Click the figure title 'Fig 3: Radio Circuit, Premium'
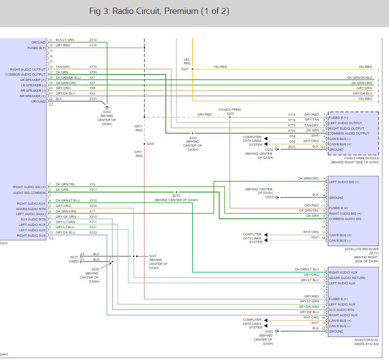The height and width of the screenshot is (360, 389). (143, 11)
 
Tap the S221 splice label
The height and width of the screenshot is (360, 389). (185, 69)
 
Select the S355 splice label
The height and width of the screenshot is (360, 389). (150, 144)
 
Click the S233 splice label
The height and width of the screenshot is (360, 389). (176, 196)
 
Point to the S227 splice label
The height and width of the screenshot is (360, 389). (152, 256)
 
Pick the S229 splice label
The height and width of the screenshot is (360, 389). (95, 269)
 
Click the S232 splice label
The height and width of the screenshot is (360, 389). (193, 138)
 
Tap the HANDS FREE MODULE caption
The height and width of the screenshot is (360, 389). (361, 158)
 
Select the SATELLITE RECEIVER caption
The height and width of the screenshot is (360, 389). (362, 249)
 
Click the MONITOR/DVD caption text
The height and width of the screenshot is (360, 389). (366, 340)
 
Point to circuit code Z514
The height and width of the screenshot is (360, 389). (93, 40)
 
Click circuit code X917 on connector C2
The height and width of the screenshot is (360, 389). (93, 190)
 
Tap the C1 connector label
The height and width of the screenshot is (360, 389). (51, 104)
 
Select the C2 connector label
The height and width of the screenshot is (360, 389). (51, 238)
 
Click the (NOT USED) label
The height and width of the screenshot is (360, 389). (74, 259)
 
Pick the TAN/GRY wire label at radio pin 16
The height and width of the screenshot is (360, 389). (63, 67)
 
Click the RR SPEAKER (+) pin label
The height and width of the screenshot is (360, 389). (32, 96)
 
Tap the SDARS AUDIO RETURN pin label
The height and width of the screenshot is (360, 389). (347, 278)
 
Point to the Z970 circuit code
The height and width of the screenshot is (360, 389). (292, 147)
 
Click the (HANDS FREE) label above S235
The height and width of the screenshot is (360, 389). (230, 109)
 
